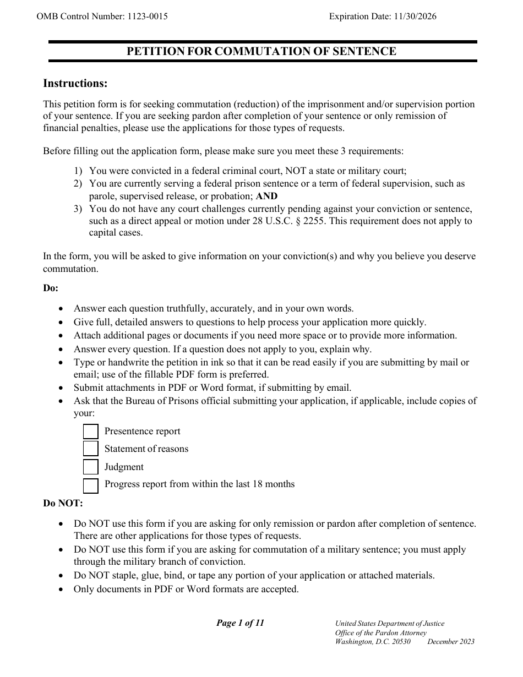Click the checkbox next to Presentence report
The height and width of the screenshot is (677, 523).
click(91, 432)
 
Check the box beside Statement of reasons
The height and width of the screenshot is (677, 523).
click(91, 449)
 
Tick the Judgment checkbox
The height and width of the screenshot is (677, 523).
click(91, 467)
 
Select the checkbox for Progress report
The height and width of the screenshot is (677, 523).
click(91, 485)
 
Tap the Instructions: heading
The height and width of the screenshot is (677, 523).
click(75, 84)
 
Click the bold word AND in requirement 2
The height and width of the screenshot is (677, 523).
click(267, 196)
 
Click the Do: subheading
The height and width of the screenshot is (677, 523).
click(51, 288)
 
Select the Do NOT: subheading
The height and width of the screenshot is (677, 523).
click(63, 503)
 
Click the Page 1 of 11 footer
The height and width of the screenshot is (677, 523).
click(240, 623)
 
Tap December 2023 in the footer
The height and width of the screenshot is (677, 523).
click(450, 642)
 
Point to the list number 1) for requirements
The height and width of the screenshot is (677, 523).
click(78, 171)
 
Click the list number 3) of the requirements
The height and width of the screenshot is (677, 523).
click(78, 209)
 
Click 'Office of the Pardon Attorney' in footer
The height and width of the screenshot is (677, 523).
click(380, 633)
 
